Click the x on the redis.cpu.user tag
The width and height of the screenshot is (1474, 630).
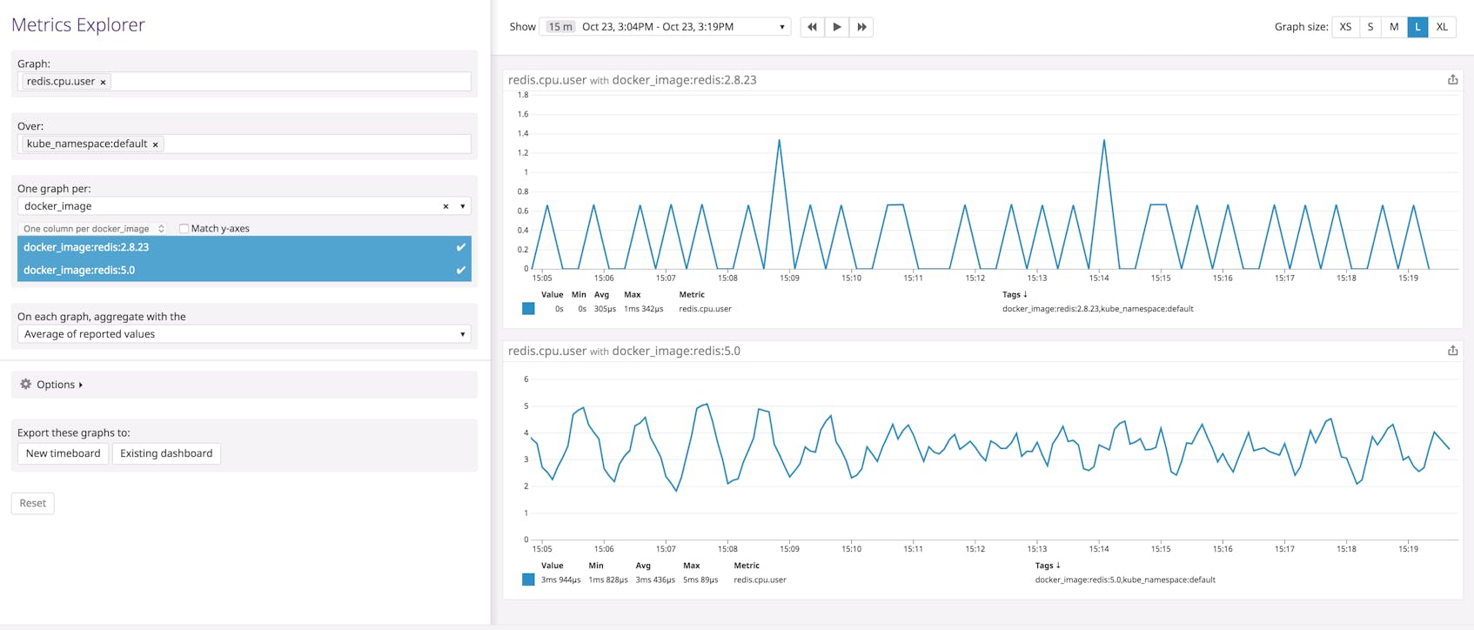[103, 82]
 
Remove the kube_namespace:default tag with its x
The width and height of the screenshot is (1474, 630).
[156, 144]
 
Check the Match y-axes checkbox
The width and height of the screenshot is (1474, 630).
[184, 229]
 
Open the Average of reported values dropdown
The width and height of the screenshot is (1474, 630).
[244, 334]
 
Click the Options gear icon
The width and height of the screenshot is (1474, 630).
[26, 384]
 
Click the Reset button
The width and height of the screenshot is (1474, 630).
[33, 503]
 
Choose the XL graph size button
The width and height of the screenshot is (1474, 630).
[1442, 27]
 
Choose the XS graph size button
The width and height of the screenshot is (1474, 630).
[1345, 27]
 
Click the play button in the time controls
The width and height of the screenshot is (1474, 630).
[837, 27]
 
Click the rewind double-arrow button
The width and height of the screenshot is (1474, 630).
[812, 27]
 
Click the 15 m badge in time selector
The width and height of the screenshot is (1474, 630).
[560, 27]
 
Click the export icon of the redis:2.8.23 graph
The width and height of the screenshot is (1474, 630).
[1452, 80]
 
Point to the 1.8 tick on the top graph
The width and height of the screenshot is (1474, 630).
[523, 95]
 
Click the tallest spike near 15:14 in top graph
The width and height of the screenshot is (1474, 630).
[1104, 140]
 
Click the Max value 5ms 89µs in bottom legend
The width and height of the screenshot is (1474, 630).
[700, 580]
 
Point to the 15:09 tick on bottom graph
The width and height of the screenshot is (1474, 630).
[789, 549]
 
